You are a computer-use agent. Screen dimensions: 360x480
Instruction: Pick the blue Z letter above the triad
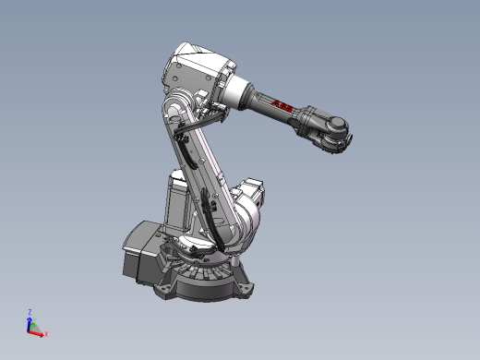point(30,312)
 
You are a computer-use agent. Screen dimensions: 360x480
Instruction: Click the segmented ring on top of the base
point(198,273)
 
